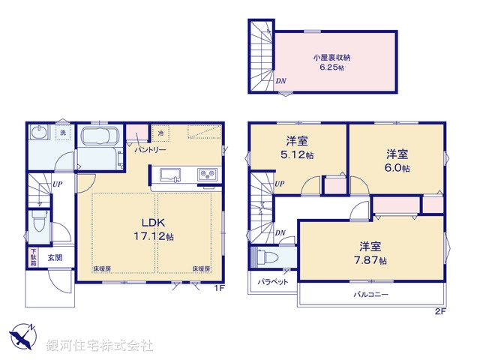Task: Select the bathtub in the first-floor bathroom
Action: (x=98, y=139)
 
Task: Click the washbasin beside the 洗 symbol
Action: (x=39, y=133)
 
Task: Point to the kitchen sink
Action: (x=170, y=175)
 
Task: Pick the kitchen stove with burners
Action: (x=207, y=175)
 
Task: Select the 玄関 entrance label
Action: (x=55, y=257)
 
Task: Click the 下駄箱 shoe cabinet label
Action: (x=34, y=257)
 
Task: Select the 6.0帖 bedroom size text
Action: (x=397, y=168)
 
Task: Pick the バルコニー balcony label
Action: (x=370, y=295)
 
